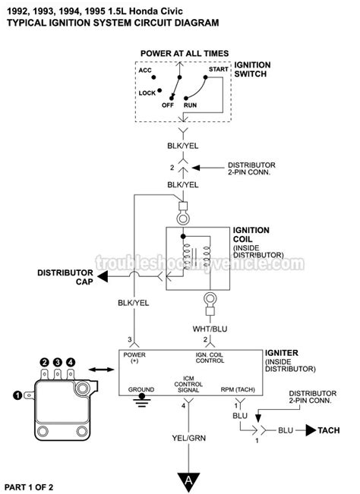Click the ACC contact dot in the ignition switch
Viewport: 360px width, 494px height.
153,77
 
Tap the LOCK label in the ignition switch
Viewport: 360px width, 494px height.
147,93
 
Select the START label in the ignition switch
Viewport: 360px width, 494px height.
219,69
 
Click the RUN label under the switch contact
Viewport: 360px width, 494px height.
190,105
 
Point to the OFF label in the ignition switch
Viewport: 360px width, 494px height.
168,105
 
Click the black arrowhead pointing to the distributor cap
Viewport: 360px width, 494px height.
103,277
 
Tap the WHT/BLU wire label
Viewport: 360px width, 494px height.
210,329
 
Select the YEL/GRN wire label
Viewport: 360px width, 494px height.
189,438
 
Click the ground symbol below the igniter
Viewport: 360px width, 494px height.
141,400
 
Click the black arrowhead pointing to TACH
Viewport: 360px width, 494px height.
311,430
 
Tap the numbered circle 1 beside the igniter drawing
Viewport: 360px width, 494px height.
17,395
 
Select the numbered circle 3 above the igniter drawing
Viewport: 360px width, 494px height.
58,362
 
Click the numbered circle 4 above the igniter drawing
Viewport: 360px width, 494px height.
71,362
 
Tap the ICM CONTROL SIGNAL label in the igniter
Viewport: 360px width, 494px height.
188,384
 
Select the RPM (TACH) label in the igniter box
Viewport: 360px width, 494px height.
238,390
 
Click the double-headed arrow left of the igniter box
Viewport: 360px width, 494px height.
101,370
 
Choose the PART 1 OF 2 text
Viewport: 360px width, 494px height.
29,487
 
